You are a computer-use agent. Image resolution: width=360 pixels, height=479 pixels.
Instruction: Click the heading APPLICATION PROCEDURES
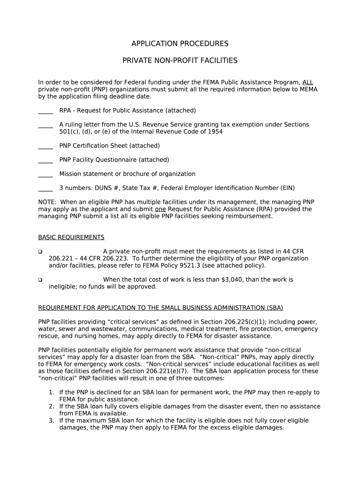tap(180, 44)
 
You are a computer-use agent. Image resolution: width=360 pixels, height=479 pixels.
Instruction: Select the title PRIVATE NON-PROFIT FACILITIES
tap(180, 61)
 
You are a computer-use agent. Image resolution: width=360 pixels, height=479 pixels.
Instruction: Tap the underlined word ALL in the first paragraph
tap(308, 82)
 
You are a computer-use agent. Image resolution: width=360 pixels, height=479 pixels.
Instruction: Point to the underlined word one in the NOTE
tap(160, 209)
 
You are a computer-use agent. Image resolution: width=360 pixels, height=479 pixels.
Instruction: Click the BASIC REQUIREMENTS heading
tap(71, 237)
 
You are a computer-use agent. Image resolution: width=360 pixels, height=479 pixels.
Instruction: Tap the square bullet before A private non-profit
tap(40, 252)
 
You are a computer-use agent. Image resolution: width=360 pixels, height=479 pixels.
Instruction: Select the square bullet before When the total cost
tap(40, 280)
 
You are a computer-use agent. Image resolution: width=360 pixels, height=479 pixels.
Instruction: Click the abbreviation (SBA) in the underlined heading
tap(275, 308)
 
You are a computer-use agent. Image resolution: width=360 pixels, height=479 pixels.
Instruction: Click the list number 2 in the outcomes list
tap(51, 406)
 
